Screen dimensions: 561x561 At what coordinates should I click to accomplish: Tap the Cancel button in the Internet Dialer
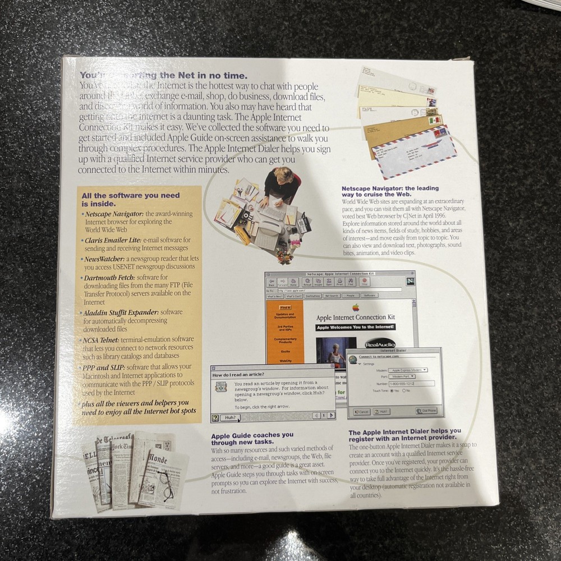point(361,411)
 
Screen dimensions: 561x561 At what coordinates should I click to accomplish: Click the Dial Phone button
point(426,411)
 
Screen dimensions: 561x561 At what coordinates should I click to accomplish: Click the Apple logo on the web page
point(355,307)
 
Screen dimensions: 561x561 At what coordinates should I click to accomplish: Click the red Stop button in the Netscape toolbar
point(364,282)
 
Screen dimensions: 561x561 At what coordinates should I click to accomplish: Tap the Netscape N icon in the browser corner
point(410,282)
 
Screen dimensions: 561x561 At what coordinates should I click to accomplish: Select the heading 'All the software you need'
point(131,195)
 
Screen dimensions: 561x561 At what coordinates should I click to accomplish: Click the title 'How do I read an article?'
point(238,374)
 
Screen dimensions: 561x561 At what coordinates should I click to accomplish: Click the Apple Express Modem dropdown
point(408,370)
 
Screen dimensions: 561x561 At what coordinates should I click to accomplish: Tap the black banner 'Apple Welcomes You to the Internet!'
point(355,327)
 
